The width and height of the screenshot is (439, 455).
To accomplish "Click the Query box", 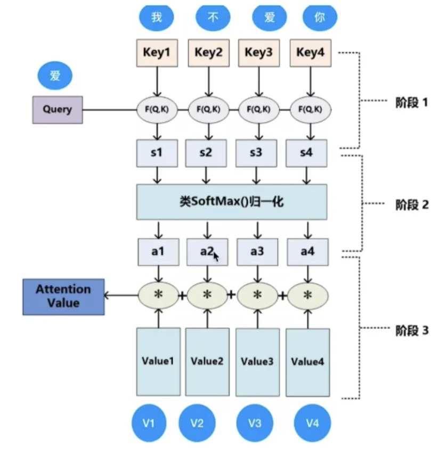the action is [58, 110].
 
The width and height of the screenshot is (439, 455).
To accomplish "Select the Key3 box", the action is [259, 53].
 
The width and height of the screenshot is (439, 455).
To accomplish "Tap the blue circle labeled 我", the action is [157, 17].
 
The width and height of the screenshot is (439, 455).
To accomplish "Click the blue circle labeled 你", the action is [320, 17].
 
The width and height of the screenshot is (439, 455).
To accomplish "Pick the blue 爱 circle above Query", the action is [55, 76].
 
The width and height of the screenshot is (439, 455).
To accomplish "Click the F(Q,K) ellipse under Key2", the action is [209, 110].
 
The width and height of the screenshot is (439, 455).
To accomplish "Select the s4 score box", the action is [306, 153].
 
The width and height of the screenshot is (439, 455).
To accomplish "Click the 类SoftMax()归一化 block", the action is [232, 202].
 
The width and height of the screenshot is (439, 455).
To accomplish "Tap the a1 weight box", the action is [158, 252].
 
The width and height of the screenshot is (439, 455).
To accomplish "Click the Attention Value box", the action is [63, 297].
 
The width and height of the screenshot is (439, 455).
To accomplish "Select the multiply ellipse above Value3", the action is [257, 296].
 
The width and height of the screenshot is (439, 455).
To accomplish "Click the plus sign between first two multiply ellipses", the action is [182, 296].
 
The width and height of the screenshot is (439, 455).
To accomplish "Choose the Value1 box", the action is [158, 362].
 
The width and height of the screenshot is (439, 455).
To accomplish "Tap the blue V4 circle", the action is [312, 424].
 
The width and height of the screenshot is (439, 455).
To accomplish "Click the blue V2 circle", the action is [197, 424].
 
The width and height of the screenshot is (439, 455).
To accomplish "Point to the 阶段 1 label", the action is [412, 102].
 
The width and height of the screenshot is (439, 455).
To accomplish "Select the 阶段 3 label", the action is [412, 330].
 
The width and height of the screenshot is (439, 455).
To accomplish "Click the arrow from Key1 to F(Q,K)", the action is [157, 82].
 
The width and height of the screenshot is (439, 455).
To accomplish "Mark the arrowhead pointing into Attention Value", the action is [107, 296].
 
